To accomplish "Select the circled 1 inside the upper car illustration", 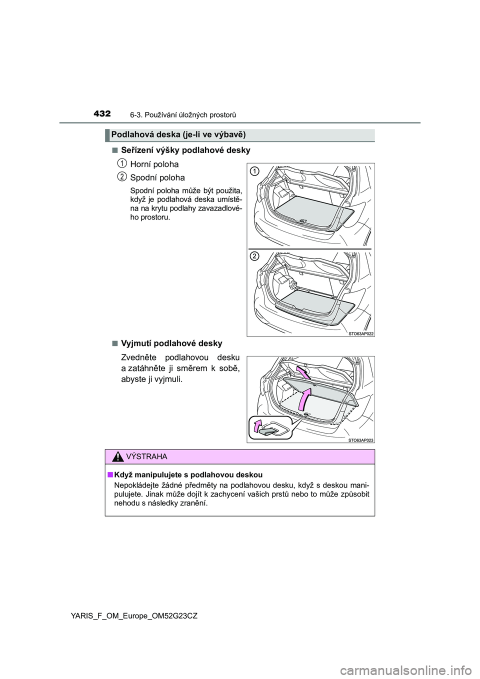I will coord(254,171).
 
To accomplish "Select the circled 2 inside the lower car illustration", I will coord(254,256).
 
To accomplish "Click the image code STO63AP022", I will coord(360,333).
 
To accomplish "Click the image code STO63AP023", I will coord(360,439).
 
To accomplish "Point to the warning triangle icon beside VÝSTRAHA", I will coord(119,456).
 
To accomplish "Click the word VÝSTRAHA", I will coord(146,457).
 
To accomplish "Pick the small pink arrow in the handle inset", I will coord(257,425).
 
